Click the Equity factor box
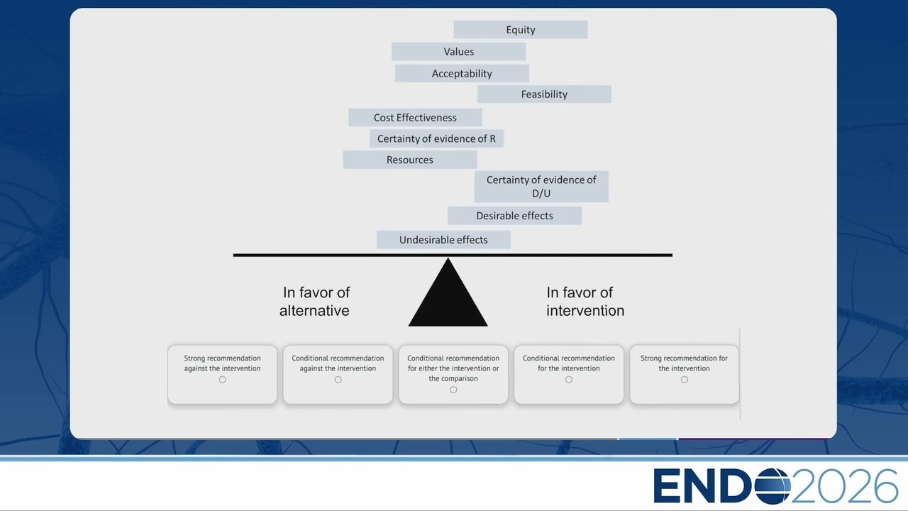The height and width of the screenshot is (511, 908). pos(521,30)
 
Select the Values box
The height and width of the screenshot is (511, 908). pos(458,52)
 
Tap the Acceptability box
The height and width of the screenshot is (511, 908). pos(462,73)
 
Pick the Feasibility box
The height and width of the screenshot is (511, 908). pos(544,94)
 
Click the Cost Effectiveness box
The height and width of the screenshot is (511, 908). pos(415,118)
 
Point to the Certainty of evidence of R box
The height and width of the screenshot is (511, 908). pos(436,138)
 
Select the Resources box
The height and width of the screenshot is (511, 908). pos(410,160)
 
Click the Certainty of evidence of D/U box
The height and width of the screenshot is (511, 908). pos(541,187)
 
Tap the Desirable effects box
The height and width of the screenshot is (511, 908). pos(514,216)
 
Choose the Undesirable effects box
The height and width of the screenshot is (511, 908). pos(443,240)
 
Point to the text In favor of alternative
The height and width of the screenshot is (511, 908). pos(315,302)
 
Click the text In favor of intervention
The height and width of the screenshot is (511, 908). pos(585,302)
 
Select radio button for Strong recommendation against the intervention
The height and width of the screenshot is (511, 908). pos(223,380)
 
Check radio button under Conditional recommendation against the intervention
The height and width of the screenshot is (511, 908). pos(338,380)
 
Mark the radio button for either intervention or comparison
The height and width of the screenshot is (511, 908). pos(453,390)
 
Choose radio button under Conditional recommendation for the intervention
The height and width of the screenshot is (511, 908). pos(569,380)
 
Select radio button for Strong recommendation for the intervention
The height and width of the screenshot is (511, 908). pos(685,380)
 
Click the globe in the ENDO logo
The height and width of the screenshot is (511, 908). pos(773,486)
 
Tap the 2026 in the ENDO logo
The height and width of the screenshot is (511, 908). pos(844,486)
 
